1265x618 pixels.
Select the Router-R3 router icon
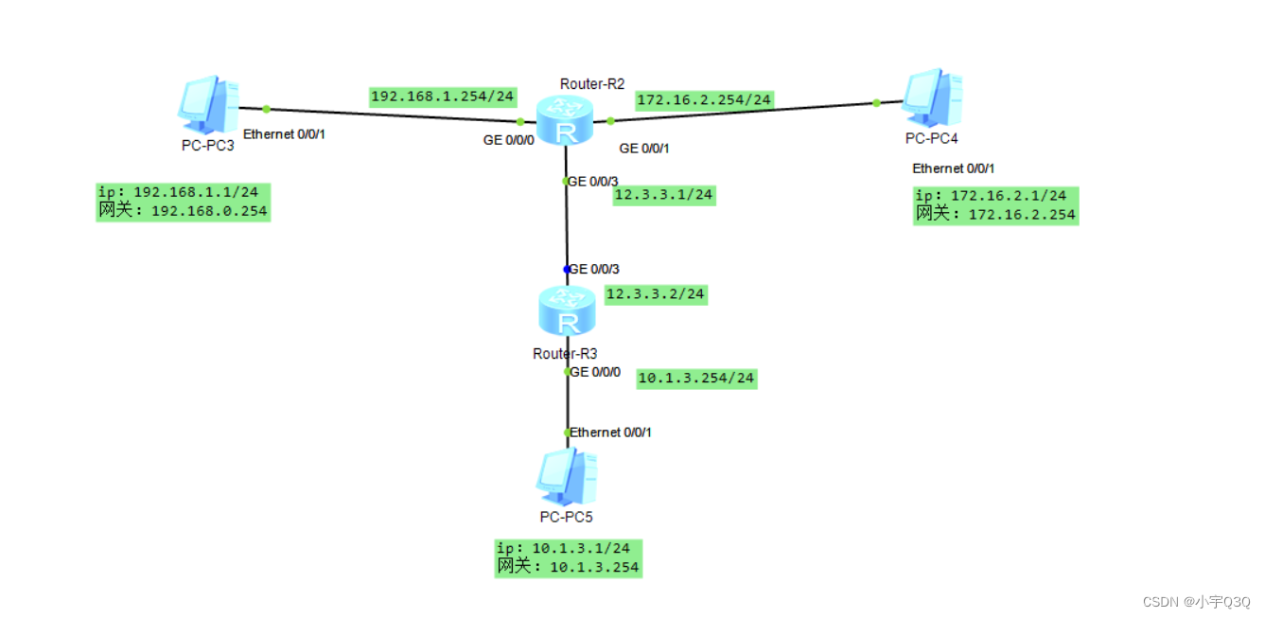pyautogui.click(x=566, y=312)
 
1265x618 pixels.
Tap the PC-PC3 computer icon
pyautogui.click(x=208, y=103)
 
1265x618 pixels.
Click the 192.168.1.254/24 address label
pyautogui.click(x=443, y=96)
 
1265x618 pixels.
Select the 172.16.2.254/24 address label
pyautogui.click(x=705, y=99)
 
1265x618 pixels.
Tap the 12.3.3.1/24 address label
pyautogui.click(x=664, y=195)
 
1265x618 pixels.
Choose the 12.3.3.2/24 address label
pyautogui.click(x=656, y=294)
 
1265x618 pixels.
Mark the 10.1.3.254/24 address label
pyautogui.click(x=696, y=378)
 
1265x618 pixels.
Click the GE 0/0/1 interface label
pyautogui.click(x=644, y=149)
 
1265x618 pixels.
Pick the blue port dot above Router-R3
pyautogui.click(x=567, y=270)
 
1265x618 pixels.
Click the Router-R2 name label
pyautogui.click(x=592, y=84)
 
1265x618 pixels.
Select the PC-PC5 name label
pyautogui.click(x=566, y=517)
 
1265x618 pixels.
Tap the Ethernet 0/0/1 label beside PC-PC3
pyautogui.click(x=285, y=135)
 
